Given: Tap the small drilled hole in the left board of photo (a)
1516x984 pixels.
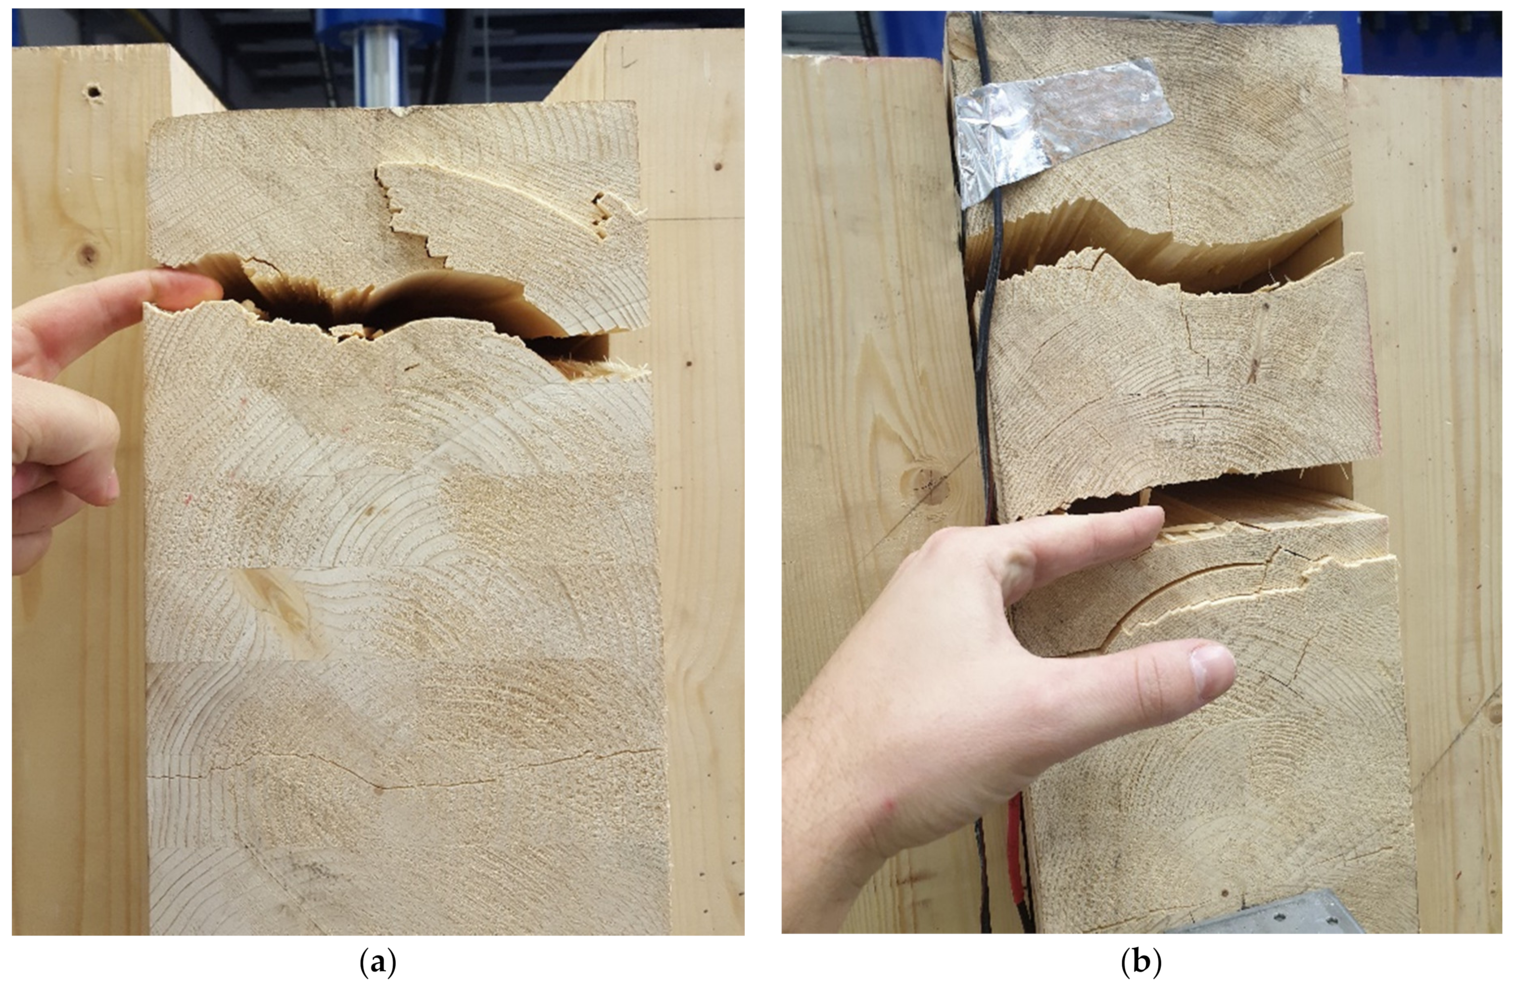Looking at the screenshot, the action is point(94,92).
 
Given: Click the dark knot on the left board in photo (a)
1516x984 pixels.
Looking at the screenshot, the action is point(87,254).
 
